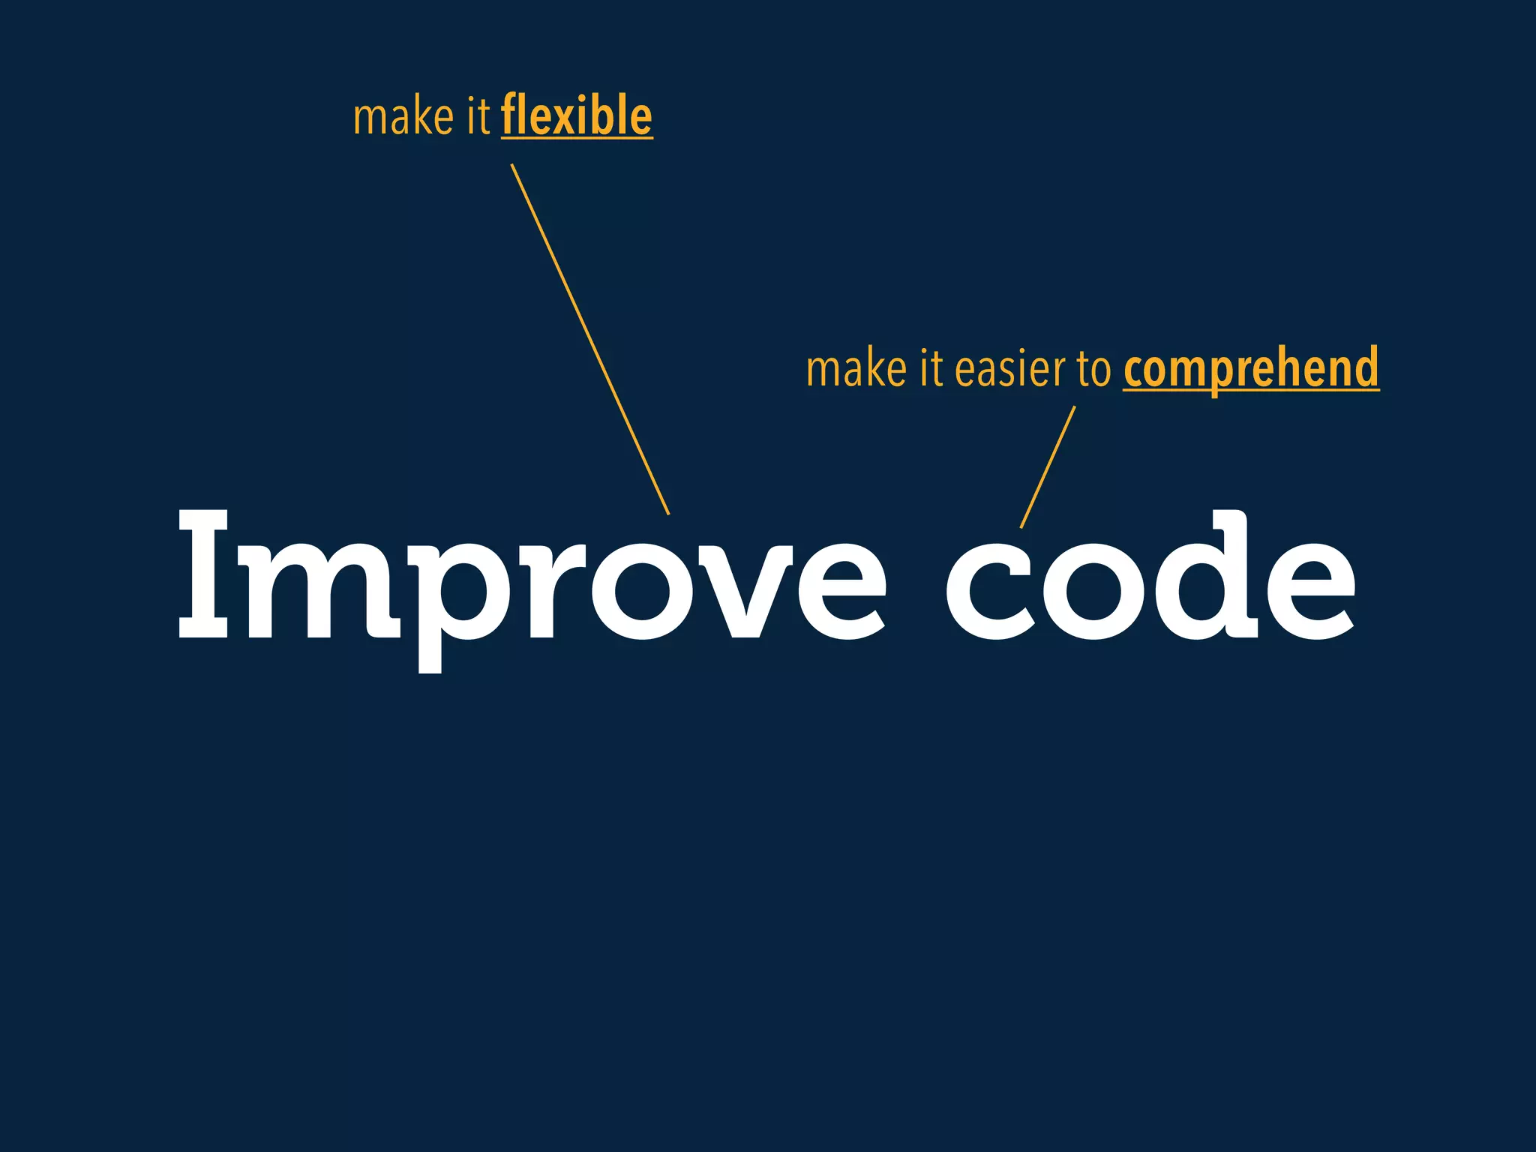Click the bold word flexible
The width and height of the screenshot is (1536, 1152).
click(x=576, y=116)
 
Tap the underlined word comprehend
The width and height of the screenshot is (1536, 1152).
click(x=1251, y=368)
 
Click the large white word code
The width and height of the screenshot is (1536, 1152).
click(x=1150, y=577)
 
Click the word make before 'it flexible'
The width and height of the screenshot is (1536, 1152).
click(x=403, y=118)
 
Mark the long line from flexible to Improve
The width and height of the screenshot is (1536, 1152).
click(x=590, y=339)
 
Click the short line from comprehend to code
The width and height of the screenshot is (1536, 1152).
click(x=1048, y=466)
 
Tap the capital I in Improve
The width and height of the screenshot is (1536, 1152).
click(x=203, y=574)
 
